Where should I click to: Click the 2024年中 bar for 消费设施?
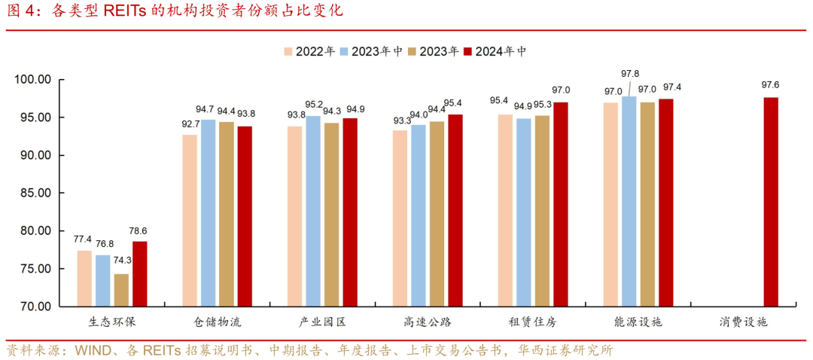(x=770, y=202)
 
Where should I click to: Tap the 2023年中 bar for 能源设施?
(x=629, y=201)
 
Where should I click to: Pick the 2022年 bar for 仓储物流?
(x=189, y=221)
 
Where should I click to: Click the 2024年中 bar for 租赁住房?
(x=560, y=204)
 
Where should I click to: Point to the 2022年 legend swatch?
(x=288, y=52)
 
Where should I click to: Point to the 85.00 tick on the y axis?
(x=33, y=193)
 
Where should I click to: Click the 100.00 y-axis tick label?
(x=32, y=79)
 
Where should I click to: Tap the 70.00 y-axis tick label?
(x=33, y=307)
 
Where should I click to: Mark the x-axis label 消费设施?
(x=742, y=322)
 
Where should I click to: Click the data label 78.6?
(x=140, y=231)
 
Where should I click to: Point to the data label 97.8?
(x=630, y=74)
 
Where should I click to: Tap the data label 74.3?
(x=123, y=260)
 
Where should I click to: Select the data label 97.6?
(x=771, y=85)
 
